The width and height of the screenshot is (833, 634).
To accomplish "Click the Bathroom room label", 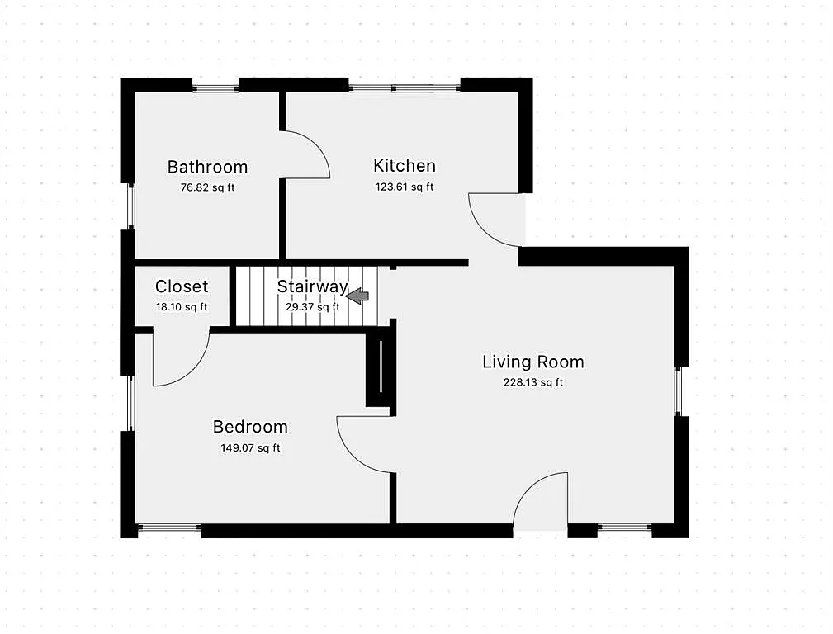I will click(207, 167).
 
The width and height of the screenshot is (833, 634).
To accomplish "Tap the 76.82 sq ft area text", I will click(207, 187).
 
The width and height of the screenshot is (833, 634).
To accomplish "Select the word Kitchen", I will click(404, 165).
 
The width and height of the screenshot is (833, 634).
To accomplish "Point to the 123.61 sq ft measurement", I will click(404, 187).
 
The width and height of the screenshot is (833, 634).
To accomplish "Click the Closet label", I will click(182, 286).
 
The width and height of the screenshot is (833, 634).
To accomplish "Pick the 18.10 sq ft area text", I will click(182, 307).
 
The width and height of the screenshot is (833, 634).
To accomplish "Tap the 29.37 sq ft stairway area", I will click(312, 307).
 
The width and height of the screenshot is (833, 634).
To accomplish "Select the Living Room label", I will click(532, 362).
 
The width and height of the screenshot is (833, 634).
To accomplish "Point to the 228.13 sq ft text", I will click(532, 382).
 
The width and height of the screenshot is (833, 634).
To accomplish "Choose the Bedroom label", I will click(250, 427).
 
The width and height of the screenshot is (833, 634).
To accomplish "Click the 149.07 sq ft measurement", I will click(250, 448).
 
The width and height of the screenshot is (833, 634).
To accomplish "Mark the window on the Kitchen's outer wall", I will click(404, 88).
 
